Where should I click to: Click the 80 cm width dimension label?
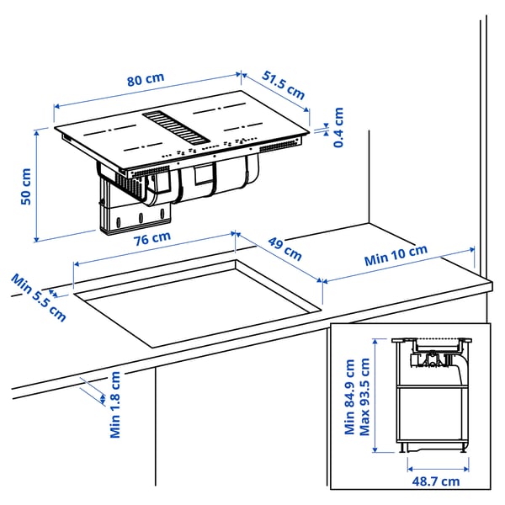146,80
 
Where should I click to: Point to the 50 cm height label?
25,186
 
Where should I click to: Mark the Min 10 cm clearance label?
396,256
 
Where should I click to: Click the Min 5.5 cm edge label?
38,297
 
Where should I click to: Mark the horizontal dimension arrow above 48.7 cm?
436,464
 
